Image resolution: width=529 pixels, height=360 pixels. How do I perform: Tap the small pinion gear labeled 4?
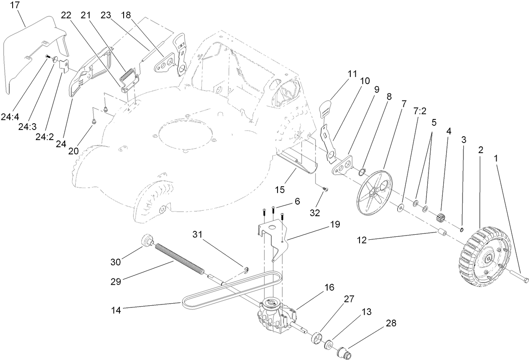pyautogui.click(x=442, y=218)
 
